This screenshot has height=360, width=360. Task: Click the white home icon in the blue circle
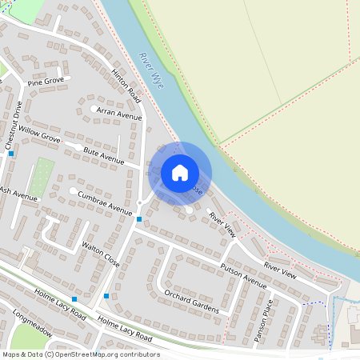(180, 172)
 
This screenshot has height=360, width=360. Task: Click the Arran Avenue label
(118, 115)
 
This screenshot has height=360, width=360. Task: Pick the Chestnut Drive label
(14, 125)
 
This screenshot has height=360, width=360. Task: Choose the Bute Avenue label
(103, 156)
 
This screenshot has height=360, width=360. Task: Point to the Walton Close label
(101, 253)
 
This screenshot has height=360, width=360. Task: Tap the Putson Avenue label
(242, 273)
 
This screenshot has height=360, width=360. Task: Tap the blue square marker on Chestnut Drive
(10, 154)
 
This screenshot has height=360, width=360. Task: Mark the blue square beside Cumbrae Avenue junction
(139, 218)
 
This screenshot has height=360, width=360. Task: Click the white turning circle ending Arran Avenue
(94, 109)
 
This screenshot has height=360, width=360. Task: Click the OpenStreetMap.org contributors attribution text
(104, 354)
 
